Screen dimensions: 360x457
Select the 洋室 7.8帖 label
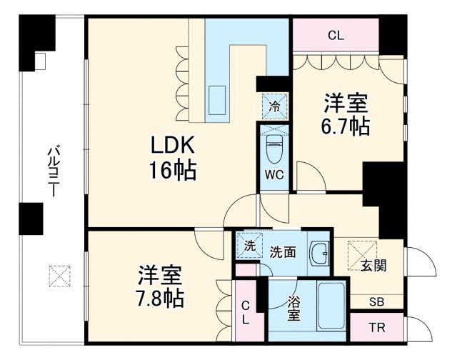click(160, 286)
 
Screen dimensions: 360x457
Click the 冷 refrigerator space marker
click(273, 106)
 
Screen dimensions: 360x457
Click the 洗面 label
click(282, 252)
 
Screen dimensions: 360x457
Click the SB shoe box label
click(376, 301)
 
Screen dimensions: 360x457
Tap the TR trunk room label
click(376, 329)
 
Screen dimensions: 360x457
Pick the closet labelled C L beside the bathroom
click(245, 313)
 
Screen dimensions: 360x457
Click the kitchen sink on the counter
click(216, 95)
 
